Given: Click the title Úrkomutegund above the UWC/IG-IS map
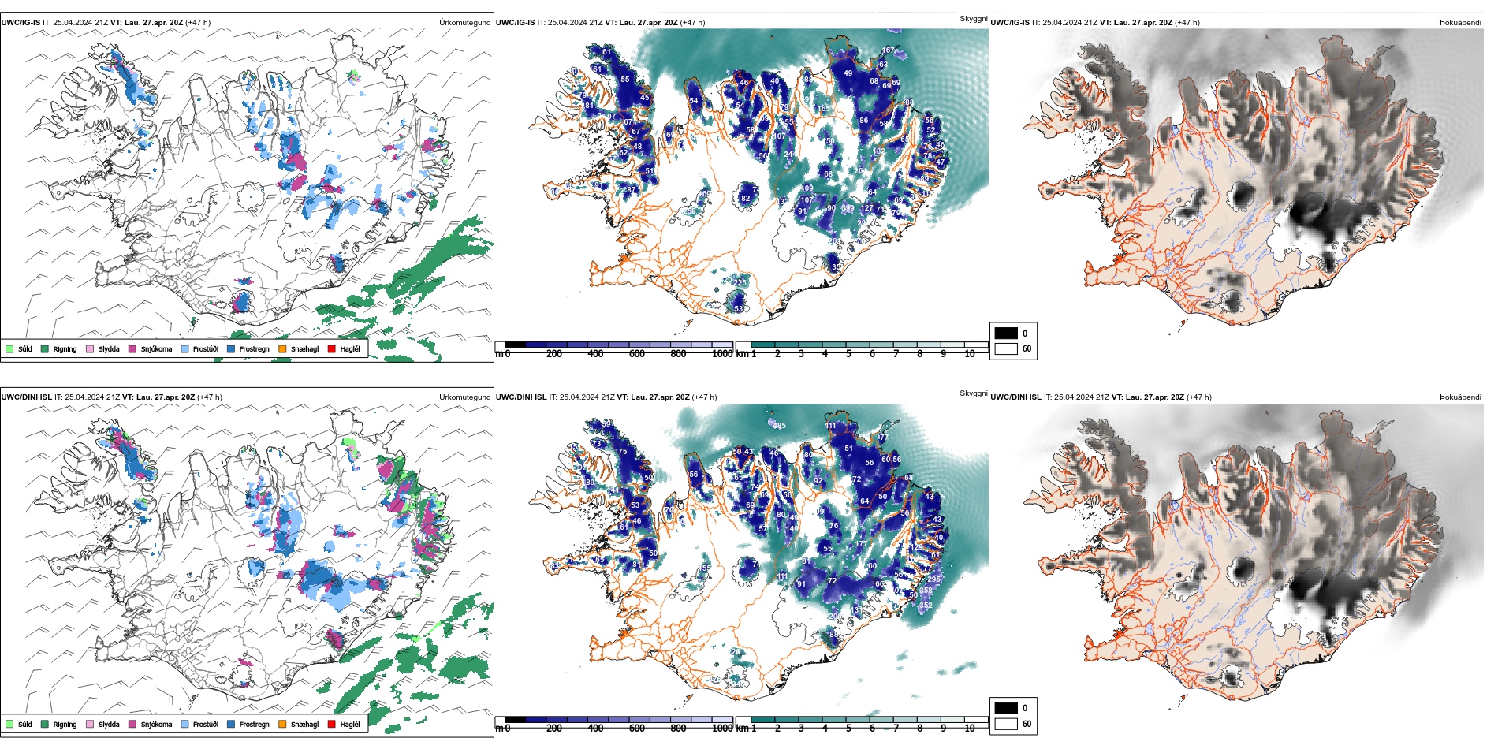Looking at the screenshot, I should (464, 23).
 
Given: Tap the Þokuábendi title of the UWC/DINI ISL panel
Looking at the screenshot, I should (1459, 397).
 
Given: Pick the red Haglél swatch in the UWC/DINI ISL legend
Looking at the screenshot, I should (332, 724).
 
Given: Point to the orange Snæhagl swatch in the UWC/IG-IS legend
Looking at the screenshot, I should (283, 349).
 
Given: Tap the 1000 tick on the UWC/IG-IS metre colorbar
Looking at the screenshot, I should (722, 354).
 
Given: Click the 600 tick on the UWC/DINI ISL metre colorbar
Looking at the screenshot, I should (637, 729).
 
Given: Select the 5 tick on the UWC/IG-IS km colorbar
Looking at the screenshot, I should (848, 354).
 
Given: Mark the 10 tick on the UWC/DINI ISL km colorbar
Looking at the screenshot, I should (970, 729).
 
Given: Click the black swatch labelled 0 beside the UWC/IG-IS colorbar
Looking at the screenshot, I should (1006, 334).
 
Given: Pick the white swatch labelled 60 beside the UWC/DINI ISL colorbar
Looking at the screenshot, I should (1006, 724).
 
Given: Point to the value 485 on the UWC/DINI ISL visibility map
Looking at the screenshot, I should (779, 426).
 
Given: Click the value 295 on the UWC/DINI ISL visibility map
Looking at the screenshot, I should (933, 579).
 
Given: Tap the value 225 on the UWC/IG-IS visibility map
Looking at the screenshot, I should (740, 282).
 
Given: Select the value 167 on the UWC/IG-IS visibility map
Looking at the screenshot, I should (888, 50).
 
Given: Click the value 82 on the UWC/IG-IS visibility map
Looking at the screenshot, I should (745, 199).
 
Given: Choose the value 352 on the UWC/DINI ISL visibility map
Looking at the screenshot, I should (926, 606).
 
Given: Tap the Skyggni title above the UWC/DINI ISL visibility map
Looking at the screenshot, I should (973, 393).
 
